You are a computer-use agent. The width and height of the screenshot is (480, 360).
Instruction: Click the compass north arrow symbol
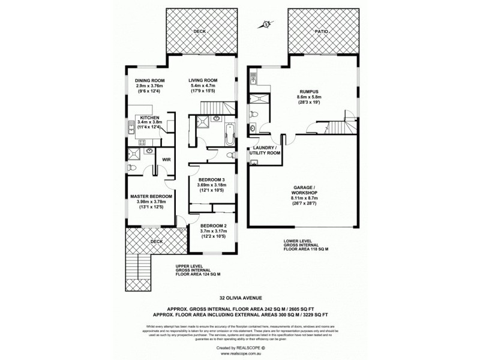pos(265,25)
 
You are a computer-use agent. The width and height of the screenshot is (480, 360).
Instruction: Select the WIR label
pos(165,160)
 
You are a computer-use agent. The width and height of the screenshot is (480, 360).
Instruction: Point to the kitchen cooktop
pos(142,142)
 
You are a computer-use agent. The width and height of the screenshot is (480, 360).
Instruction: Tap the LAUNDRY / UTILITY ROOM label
pos(265,151)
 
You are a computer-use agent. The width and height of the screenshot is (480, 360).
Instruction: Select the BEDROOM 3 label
pos(211,179)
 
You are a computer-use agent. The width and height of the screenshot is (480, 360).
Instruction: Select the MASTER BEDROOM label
pos(152,196)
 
